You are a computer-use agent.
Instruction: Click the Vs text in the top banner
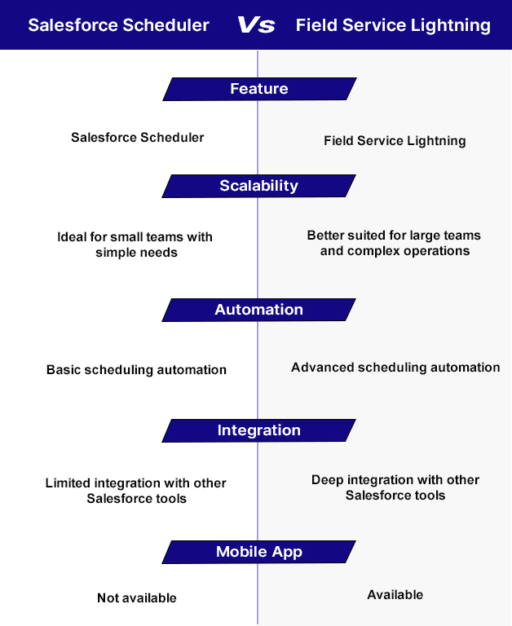256,25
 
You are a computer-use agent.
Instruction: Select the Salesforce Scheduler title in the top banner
119,25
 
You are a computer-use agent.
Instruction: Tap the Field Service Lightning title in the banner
393,25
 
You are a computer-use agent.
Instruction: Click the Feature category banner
259,89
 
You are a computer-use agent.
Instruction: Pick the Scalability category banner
259,186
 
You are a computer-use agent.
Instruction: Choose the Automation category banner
259,310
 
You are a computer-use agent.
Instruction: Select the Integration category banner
259,430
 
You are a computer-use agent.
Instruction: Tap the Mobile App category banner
259,552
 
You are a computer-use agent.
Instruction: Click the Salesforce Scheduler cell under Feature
138,137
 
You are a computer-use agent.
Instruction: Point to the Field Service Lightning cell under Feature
395,140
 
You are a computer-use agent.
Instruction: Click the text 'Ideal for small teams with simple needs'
135,245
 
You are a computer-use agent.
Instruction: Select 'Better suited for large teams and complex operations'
395,243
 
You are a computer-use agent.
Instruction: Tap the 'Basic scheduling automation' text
136,369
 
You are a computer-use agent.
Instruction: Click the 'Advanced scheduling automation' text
395,368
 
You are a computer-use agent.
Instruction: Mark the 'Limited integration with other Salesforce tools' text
136,491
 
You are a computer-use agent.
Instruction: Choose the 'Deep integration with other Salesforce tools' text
395,487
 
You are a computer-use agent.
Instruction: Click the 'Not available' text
137,598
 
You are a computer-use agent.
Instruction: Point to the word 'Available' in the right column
395,595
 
